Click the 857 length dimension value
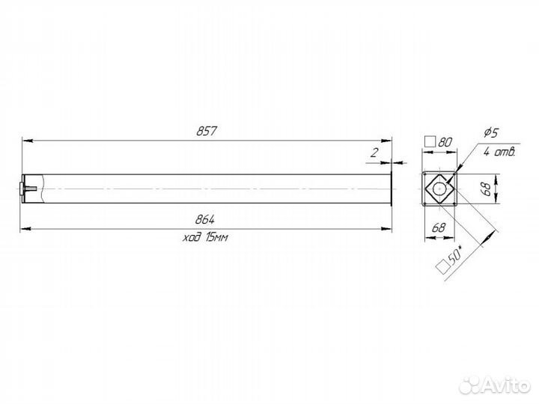click(x=207, y=131)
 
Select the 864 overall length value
click(x=205, y=219)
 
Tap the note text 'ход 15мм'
click(x=205, y=237)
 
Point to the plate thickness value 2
click(x=374, y=153)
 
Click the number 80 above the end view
click(x=445, y=141)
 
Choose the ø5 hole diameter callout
click(x=491, y=132)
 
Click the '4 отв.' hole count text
click(x=499, y=151)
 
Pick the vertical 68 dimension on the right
click(x=487, y=189)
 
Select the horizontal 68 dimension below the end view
click(x=438, y=227)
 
